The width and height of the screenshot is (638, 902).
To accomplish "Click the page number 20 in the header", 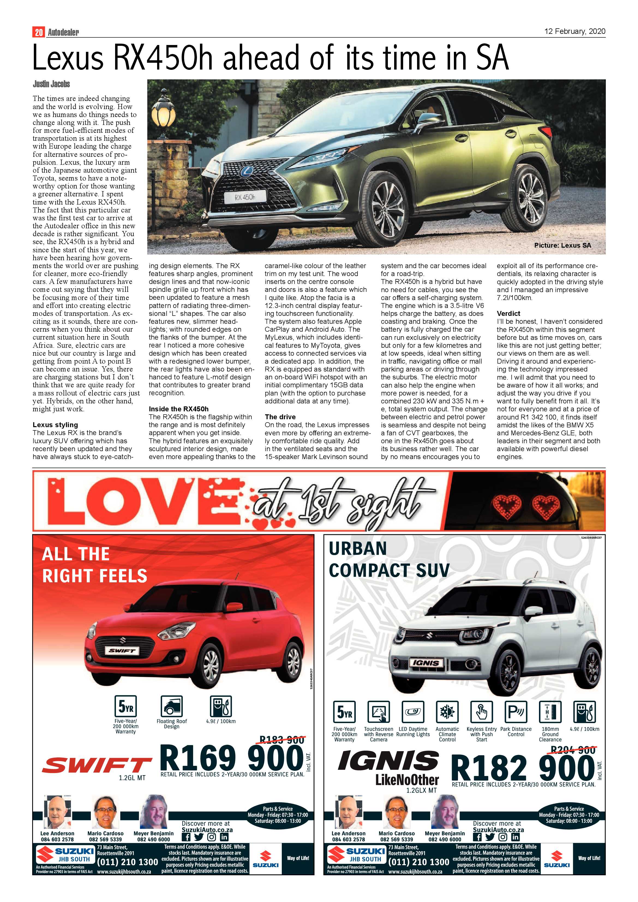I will (x=38, y=32).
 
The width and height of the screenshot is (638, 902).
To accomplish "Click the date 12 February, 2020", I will (x=574, y=31).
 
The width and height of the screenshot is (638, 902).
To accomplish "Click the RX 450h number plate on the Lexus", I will (x=245, y=197).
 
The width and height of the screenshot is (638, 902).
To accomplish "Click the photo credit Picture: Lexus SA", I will (x=562, y=245).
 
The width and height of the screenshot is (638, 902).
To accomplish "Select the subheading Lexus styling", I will (x=55, y=425).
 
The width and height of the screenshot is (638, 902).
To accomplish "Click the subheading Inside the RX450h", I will (x=178, y=409).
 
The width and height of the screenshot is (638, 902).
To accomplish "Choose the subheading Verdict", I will (x=508, y=313).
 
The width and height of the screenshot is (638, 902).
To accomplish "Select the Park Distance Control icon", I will (x=516, y=711).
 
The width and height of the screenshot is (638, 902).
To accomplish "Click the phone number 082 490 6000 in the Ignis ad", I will (x=445, y=840).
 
